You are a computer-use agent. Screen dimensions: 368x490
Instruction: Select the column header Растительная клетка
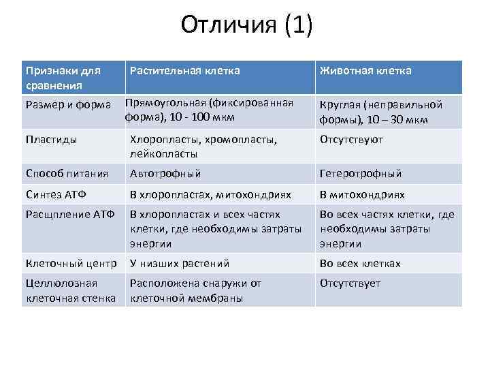point(184,71)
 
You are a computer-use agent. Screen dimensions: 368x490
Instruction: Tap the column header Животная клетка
point(365,71)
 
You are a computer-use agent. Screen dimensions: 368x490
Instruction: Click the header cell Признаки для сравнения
point(63,78)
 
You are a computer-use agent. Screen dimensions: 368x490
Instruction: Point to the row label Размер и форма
point(67,104)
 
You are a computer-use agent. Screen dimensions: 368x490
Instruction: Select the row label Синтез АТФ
point(56,195)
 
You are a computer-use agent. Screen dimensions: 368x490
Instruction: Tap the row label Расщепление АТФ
point(67,215)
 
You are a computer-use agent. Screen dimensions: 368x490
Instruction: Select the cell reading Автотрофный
point(165,174)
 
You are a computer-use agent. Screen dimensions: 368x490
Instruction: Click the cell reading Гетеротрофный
point(361,174)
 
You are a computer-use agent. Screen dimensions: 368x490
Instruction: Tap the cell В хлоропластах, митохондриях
point(210,195)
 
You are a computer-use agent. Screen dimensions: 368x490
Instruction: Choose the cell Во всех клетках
point(360,264)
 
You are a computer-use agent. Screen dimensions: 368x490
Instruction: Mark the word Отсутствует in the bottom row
point(350,283)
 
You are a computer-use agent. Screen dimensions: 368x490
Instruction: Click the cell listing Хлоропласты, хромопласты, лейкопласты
point(203,147)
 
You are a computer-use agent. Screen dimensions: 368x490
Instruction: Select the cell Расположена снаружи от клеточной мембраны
point(195,290)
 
